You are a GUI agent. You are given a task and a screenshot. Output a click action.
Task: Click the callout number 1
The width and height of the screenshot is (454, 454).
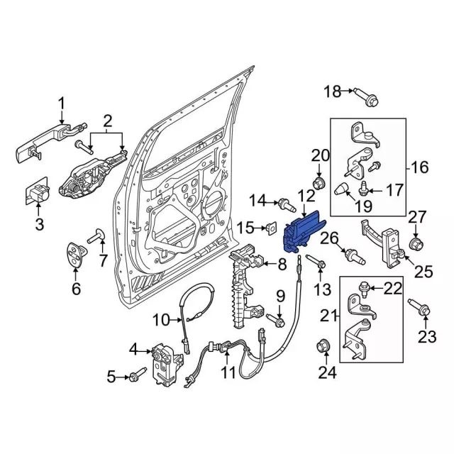coord(61,104)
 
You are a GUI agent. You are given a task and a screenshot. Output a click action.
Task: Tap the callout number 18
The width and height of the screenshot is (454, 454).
coord(332,91)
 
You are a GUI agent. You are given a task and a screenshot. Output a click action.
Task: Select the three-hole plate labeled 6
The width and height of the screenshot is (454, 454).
coord(76,257)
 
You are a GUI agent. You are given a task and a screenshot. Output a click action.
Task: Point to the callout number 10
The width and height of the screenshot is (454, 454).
coord(161,320)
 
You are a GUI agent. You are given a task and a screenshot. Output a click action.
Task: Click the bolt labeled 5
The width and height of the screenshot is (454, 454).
coord(138,373)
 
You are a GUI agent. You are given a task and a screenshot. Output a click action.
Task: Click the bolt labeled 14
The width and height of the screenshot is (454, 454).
coord(287,206)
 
